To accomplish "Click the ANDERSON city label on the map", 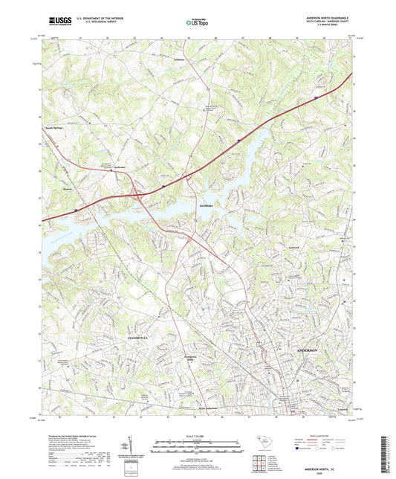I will coord(306,349).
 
